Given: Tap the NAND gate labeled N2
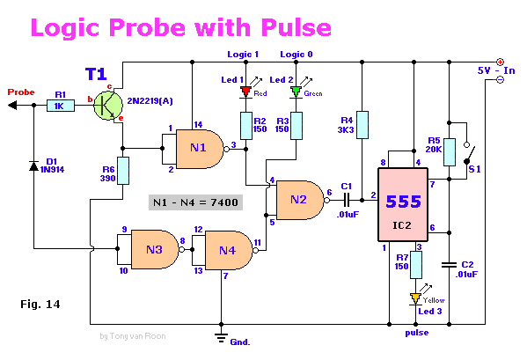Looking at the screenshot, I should point(299,200).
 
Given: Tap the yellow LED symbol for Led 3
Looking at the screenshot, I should point(415,298).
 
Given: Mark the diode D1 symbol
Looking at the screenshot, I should point(33,165).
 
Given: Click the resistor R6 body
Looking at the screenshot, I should point(123,170).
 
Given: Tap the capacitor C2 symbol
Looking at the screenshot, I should point(450,263).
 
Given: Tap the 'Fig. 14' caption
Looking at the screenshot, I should point(39,304).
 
